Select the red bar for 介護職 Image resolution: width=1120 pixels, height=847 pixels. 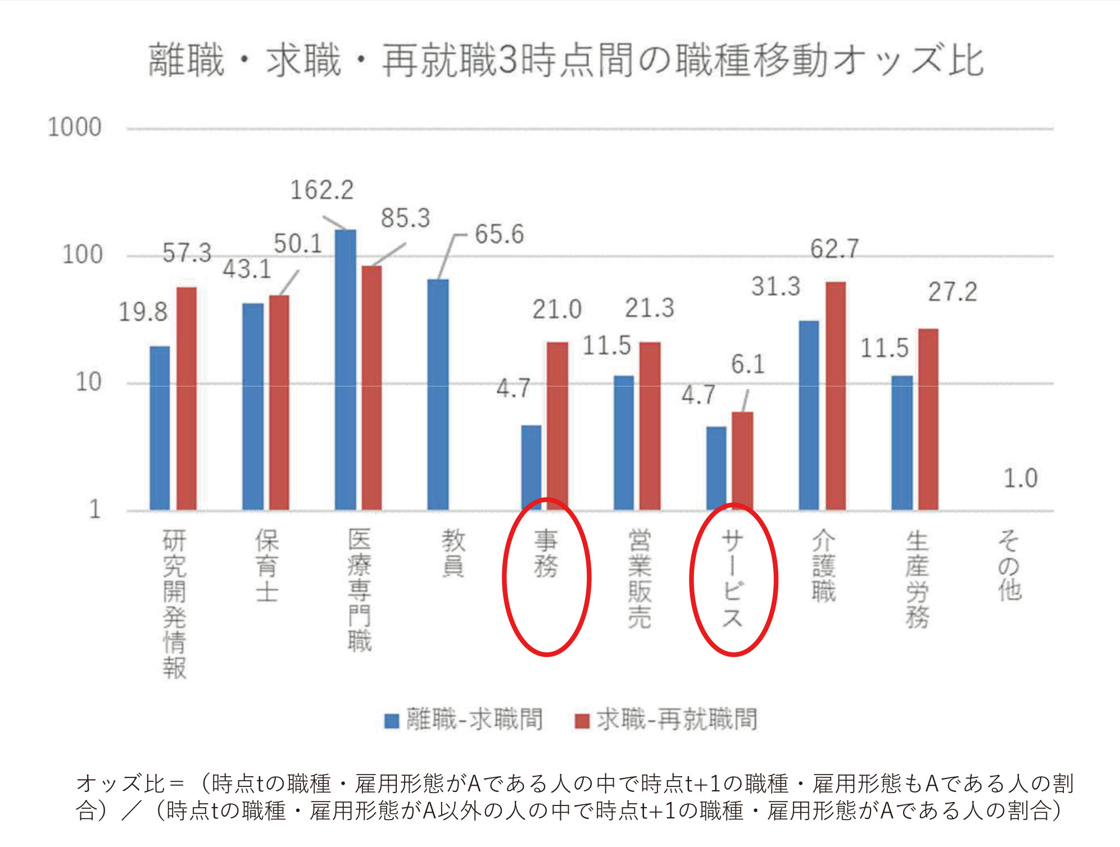(x=836, y=396)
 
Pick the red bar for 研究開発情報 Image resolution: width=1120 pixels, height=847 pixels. (x=187, y=399)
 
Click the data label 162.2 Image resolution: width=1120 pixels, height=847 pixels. (x=322, y=190)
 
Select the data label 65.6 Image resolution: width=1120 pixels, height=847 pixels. (x=499, y=234)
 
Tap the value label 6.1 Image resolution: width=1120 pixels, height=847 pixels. (x=747, y=365)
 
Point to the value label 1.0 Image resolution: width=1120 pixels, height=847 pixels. (x=1020, y=479)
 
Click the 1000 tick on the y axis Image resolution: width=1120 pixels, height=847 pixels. (x=74, y=127)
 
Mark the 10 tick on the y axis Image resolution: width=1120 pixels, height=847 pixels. (x=88, y=382)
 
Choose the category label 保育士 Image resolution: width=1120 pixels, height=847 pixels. (x=267, y=565)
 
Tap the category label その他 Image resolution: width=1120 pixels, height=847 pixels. (x=1009, y=565)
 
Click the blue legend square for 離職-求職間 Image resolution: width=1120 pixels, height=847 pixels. (x=392, y=721)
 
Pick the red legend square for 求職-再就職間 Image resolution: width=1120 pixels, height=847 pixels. (x=582, y=721)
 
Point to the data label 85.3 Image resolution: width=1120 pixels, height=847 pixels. (x=405, y=218)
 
